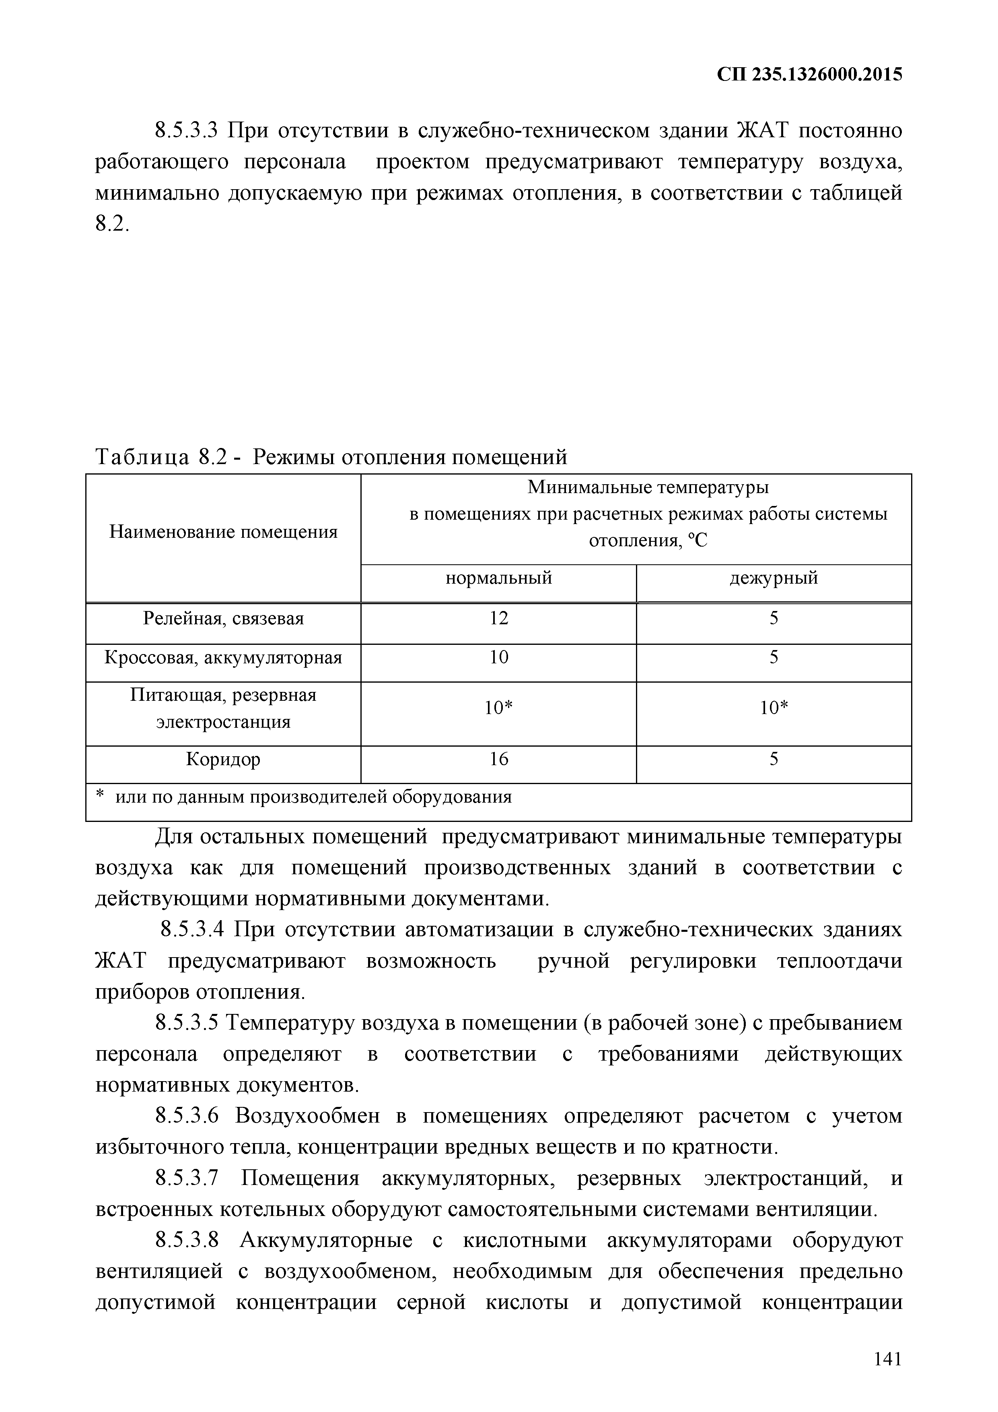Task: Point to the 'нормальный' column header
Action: click(x=498, y=578)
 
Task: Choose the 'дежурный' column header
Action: click(x=774, y=578)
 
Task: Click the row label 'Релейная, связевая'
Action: click(x=223, y=618)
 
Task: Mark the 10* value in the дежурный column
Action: click(x=774, y=708)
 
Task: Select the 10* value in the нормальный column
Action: click(x=498, y=708)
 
